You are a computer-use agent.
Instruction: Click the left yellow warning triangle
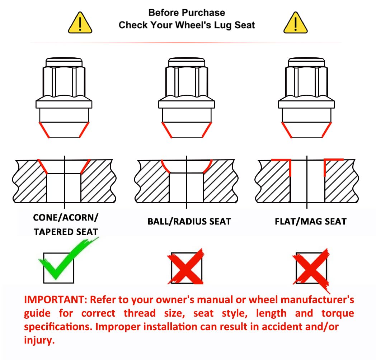(80, 23)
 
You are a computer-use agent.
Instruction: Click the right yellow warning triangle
(295, 23)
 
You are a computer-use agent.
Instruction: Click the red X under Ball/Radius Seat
(185, 266)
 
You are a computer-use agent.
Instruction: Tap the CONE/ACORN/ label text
(66, 218)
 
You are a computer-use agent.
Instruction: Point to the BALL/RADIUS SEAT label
(189, 222)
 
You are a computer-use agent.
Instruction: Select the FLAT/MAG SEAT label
(311, 222)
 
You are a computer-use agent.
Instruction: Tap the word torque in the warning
(338, 313)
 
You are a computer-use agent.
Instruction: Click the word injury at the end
(39, 340)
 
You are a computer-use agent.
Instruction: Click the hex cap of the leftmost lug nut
(64, 81)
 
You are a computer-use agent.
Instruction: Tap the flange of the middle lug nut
(187, 104)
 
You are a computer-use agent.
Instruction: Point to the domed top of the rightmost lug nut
(306, 62)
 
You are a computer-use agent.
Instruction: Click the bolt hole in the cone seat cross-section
(64, 188)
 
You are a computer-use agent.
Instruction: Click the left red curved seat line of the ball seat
(165, 166)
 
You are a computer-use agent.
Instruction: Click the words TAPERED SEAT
(66, 232)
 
